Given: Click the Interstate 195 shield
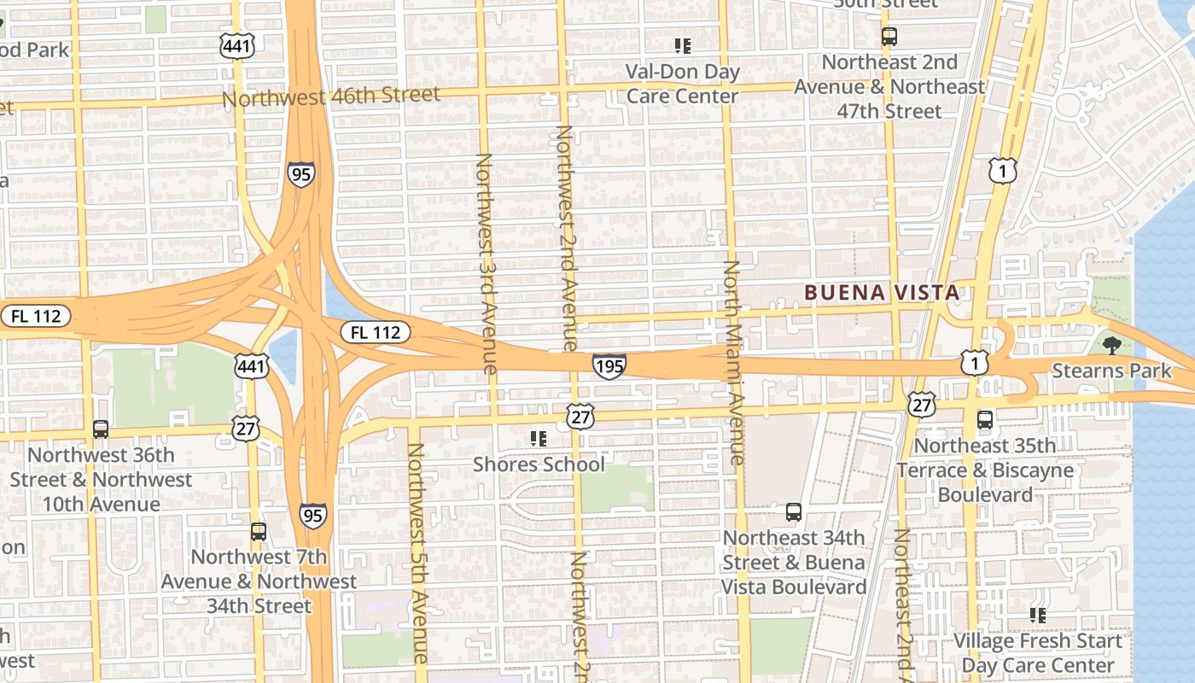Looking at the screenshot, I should click(609, 366).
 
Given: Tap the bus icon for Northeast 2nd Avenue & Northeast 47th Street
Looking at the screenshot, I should click(889, 37).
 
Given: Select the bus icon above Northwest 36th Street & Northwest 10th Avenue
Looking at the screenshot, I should click(101, 429).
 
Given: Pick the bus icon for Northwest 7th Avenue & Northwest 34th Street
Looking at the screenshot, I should click(259, 532).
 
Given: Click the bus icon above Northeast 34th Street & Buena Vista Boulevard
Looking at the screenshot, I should click(794, 512).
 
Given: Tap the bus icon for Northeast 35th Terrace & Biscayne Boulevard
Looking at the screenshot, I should click(985, 420).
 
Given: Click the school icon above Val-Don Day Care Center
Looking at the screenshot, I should click(682, 46).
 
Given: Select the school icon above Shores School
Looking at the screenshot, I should click(539, 439).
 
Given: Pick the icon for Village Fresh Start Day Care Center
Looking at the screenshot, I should click(1038, 615).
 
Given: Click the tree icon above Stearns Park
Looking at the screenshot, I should click(1111, 346).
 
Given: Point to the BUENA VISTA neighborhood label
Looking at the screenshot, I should click(882, 293).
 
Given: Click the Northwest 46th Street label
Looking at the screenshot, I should click(331, 96).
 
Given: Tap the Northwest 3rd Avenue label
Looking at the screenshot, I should click(486, 263).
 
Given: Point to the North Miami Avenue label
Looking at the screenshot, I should click(733, 363).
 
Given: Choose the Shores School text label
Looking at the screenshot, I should click(539, 464).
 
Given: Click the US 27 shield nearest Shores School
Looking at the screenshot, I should click(580, 417).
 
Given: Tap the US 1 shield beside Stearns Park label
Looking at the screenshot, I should click(975, 363).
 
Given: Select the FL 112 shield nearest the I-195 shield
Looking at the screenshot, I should click(376, 332).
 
